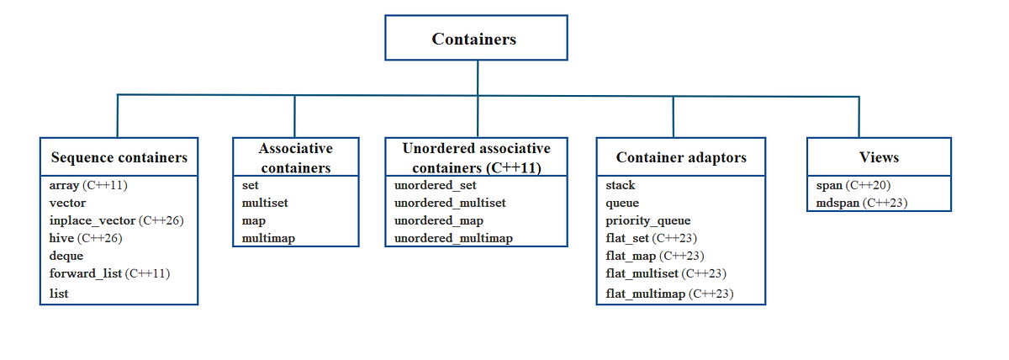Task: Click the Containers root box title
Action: coord(474,39)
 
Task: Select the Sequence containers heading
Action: coord(119,157)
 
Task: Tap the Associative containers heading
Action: coord(295,157)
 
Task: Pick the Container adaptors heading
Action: coord(680,157)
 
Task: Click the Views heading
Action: coord(879,157)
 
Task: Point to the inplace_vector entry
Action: coord(92,220)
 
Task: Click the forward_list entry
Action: coord(87,273)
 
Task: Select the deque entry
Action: coord(66,256)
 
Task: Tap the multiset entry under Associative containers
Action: coord(265,203)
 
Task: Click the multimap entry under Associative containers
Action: coord(268,238)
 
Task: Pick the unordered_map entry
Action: coord(438,220)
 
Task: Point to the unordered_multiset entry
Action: coord(450,203)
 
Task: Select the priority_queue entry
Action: coord(647,220)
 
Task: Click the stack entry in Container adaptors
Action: coord(621,185)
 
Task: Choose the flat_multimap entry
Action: coord(646,294)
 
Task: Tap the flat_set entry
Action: coord(627,238)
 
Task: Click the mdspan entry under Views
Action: coord(837,203)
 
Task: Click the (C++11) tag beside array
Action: coord(110,185)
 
